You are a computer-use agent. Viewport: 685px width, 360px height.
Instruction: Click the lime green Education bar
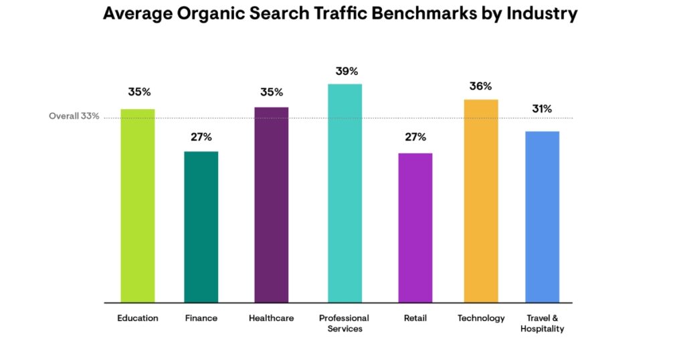pyautogui.click(x=138, y=205)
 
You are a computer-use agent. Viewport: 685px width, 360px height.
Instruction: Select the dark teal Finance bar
pyautogui.click(x=201, y=227)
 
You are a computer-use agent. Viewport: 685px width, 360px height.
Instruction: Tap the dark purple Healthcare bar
pyautogui.click(x=271, y=204)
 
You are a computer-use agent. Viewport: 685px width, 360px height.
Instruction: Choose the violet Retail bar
pyautogui.click(x=415, y=228)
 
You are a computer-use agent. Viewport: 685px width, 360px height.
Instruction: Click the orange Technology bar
pyautogui.click(x=481, y=201)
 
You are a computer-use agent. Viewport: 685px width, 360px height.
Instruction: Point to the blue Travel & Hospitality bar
pyautogui.click(x=542, y=216)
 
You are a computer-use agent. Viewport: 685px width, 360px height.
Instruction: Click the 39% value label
pyautogui.click(x=347, y=71)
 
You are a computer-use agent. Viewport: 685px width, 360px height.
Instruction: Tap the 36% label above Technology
pyautogui.click(x=480, y=86)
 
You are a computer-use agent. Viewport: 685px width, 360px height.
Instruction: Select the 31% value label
pyautogui.click(x=542, y=109)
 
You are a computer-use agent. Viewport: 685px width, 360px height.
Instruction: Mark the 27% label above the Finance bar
pyautogui.click(x=201, y=137)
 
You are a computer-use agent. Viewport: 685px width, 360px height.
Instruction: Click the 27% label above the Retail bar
pyautogui.click(x=415, y=137)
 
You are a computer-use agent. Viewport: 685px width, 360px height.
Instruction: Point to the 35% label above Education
pyautogui.click(x=139, y=92)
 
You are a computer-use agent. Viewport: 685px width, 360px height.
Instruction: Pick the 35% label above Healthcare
pyautogui.click(x=272, y=92)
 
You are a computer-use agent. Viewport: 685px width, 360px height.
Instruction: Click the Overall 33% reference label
pyautogui.click(x=74, y=116)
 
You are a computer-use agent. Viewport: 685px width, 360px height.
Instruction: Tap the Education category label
pyautogui.click(x=138, y=318)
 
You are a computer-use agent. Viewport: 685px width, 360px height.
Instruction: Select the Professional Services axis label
pyautogui.click(x=345, y=323)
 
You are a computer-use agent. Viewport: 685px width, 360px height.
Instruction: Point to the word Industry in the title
pyautogui.click(x=541, y=14)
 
